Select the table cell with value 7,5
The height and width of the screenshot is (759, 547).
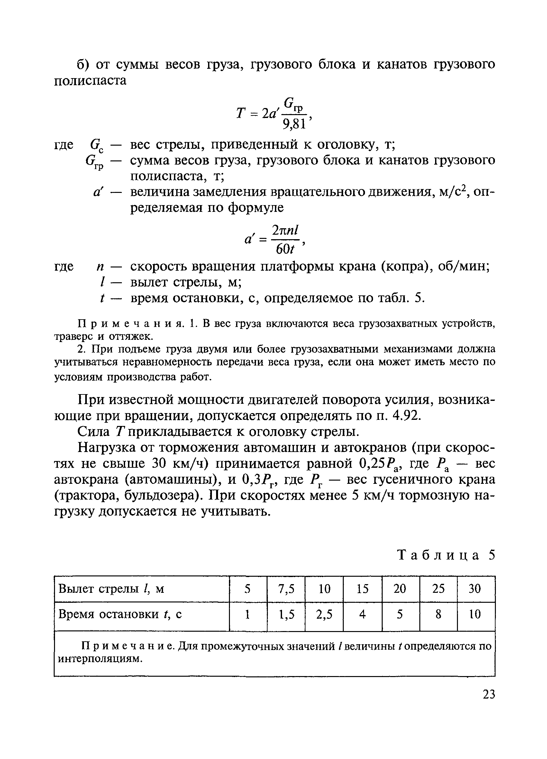(286, 589)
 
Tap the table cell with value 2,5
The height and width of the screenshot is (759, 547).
(324, 614)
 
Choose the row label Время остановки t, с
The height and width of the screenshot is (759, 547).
(120, 614)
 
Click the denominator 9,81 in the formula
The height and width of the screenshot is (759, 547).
(294, 124)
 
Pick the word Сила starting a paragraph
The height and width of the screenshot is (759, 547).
(93, 432)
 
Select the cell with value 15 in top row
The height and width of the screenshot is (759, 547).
(362, 589)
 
